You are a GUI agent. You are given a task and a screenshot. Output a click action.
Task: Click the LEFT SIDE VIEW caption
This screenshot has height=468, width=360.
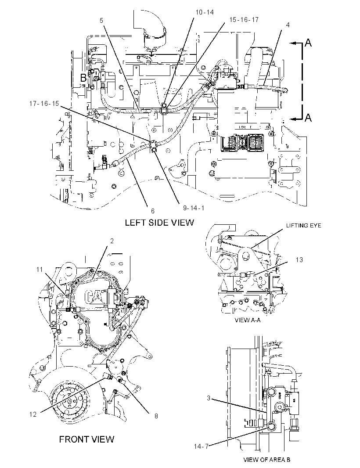(159, 222)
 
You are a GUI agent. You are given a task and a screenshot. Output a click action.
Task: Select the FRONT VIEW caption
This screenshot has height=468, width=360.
(86, 439)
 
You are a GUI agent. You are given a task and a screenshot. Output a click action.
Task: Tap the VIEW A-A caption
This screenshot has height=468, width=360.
(248, 320)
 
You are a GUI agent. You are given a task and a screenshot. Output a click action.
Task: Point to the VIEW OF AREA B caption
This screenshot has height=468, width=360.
(266, 460)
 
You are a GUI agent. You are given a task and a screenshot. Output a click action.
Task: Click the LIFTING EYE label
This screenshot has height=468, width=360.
(303, 225)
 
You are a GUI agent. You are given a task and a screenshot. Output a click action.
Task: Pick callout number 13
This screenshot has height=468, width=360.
(299, 260)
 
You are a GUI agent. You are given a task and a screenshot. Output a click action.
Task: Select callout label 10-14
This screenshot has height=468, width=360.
(205, 12)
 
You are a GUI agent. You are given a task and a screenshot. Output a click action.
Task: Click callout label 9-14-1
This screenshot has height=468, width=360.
(194, 208)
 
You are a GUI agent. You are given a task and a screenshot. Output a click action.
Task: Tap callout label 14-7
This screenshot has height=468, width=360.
(201, 446)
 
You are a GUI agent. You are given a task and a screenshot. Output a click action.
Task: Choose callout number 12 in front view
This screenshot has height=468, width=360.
(33, 414)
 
